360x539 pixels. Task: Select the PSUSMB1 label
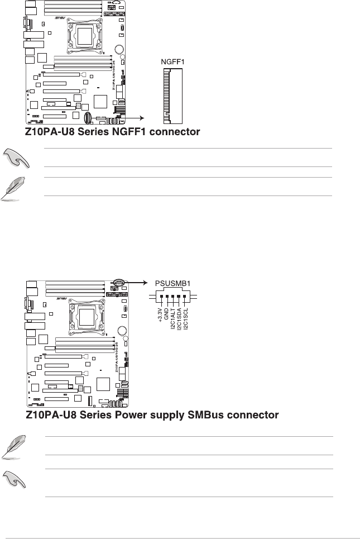point(172,283)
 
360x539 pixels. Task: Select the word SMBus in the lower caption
point(189,416)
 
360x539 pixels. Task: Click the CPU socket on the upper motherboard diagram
point(85,36)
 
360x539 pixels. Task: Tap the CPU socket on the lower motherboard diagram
point(85,318)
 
